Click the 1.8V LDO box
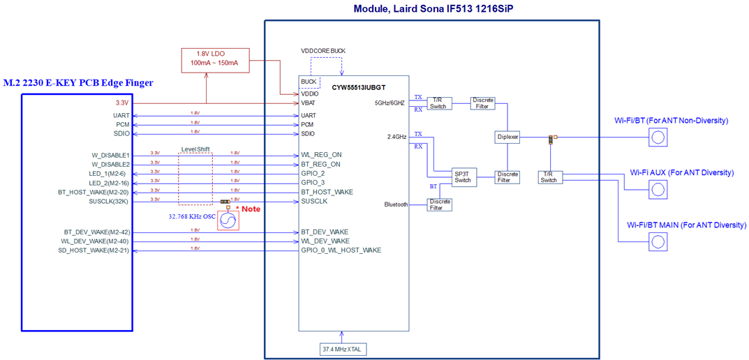click(x=214, y=59)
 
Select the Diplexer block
click(x=507, y=137)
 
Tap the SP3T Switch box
click(x=462, y=177)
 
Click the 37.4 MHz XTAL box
click(x=342, y=349)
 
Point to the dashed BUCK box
click(x=309, y=82)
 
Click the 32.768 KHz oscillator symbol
click(x=228, y=220)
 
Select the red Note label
click(x=249, y=209)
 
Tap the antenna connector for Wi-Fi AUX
click(x=658, y=189)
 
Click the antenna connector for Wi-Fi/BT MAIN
click(x=658, y=241)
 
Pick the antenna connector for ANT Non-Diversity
click(x=658, y=137)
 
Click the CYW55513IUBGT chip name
click(x=359, y=88)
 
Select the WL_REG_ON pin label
click(x=321, y=155)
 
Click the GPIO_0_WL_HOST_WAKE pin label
click(x=341, y=250)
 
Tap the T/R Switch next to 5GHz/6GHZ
click(x=438, y=103)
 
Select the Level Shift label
click(x=195, y=149)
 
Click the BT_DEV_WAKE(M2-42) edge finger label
click(x=96, y=232)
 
